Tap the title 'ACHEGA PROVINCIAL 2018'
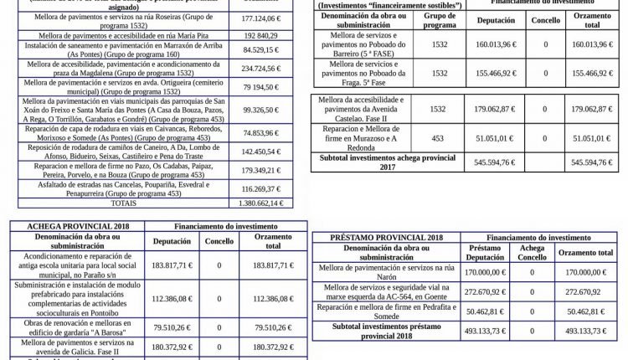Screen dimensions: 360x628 (66, 227)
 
